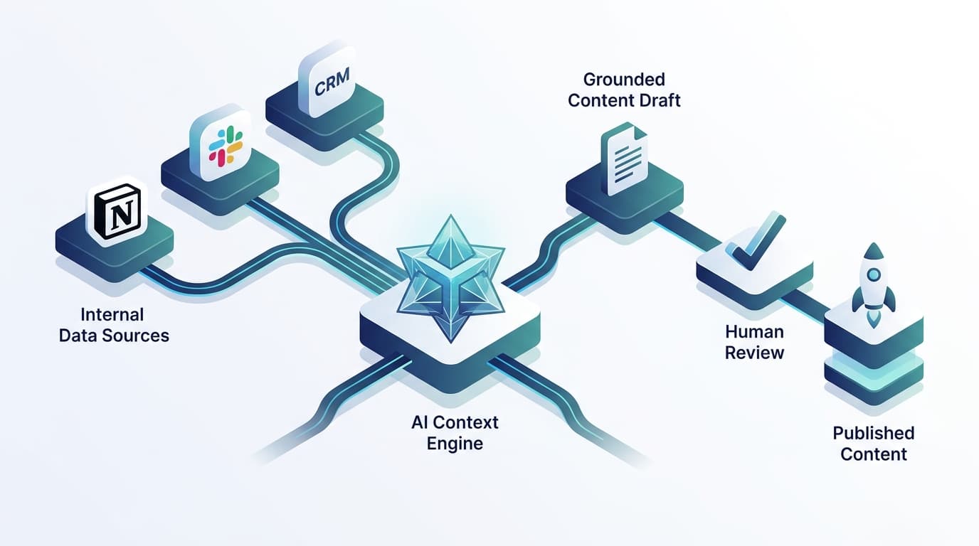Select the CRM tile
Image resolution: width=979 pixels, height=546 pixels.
(327, 86)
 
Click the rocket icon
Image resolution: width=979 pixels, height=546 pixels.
(873, 284)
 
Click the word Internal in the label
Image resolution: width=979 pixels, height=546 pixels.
(112, 314)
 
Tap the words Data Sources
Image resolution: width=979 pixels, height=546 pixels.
(114, 336)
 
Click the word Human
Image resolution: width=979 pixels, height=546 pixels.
(754, 331)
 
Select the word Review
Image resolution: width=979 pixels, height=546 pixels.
(754, 353)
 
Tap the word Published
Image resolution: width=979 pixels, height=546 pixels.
(873, 433)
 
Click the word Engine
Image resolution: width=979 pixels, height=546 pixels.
(455, 444)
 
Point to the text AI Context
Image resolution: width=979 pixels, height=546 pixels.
(455, 422)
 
